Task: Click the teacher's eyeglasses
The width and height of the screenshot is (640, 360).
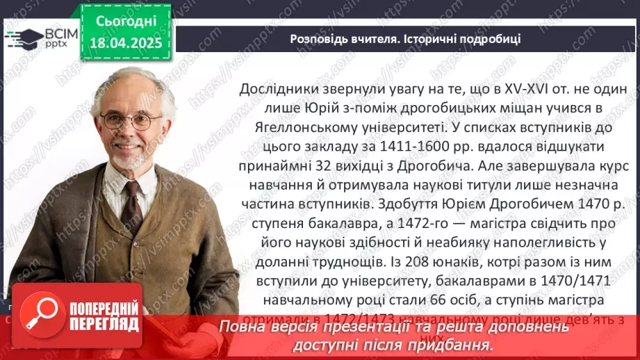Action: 131,120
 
